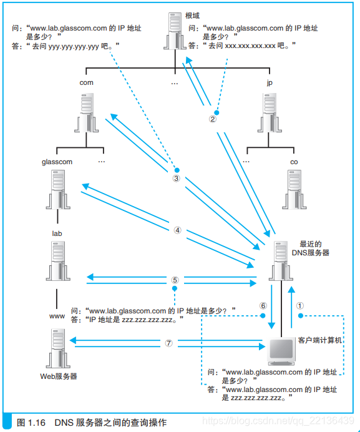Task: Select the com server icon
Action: click(x=87, y=113)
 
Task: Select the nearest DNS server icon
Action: click(x=280, y=262)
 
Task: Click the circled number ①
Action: click(x=300, y=306)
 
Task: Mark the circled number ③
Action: click(x=177, y=178)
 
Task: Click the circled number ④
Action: click(x=177, y=230)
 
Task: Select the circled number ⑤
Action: click(x=175, y=280)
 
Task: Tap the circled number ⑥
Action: click(x=263, y=306)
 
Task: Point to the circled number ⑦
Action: click(x=168, y=343)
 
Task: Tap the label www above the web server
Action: click(x=57, y=317)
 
